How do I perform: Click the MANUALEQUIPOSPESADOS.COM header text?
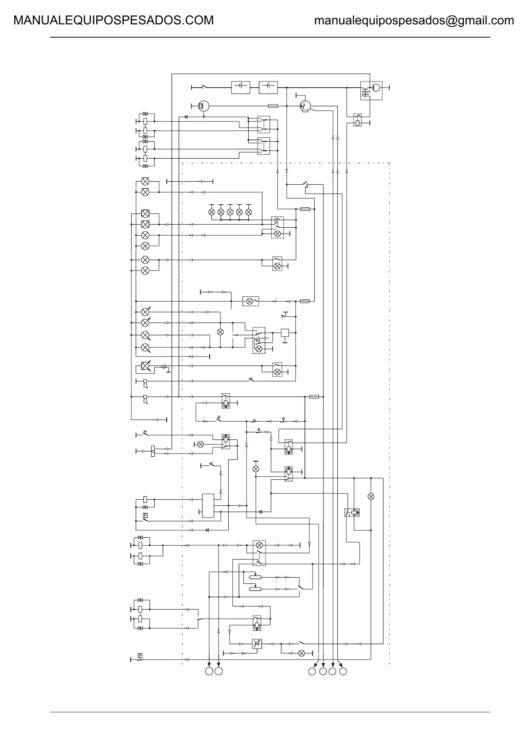pos(113,20)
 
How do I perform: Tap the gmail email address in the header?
pos(414,20)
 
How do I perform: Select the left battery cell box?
pos(241,87)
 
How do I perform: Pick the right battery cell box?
pos(268,87)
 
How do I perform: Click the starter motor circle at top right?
pos(375,87)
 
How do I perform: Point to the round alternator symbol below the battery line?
pos(305,106)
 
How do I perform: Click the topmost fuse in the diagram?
pos(274,106)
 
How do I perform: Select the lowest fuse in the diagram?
pos(313,396)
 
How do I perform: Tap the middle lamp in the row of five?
pos(230,212)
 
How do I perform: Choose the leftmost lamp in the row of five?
pos(211,212)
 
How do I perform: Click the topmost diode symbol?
pos(186,117)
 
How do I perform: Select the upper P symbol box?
pos(145,515)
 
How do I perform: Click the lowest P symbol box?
pos(140,655)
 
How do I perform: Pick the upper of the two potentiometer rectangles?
pos(255,577)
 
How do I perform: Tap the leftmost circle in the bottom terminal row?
pos(209,672)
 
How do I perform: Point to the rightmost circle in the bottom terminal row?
pos(343,672)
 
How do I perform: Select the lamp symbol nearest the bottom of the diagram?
pos(301,653)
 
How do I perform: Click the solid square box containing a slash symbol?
pos(257,644)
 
